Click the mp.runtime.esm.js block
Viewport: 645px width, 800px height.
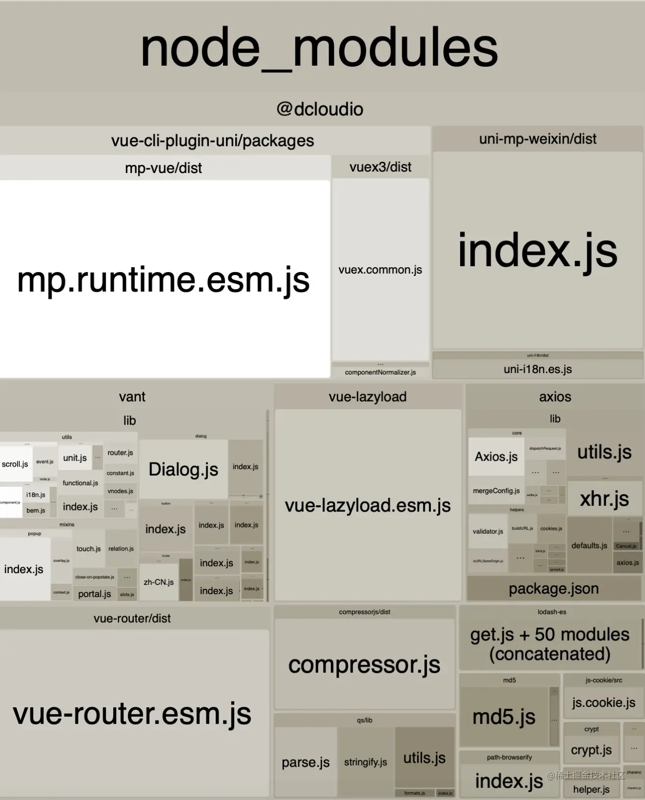[164, 279]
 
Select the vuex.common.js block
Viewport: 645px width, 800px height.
[380, 270]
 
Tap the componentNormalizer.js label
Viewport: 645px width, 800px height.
[380, 372]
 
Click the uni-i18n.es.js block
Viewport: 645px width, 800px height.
[538, 369]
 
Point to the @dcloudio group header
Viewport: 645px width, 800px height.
[320, 109]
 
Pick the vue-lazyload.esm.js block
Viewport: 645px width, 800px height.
[368, 505]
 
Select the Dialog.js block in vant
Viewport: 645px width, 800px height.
[183, 469]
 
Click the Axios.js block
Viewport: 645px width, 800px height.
[496, 456]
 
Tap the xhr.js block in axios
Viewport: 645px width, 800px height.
[604, 499]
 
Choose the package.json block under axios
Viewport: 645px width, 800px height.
[554, 588]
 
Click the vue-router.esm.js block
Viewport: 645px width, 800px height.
[132, 713]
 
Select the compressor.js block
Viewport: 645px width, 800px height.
[364, 665]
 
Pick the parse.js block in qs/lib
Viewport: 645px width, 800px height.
[305, 762]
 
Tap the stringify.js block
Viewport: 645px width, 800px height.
[366, 762]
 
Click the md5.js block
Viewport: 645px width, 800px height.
[504, 717]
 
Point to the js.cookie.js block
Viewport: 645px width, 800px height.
[603, 702]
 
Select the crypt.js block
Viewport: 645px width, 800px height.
[591, 750]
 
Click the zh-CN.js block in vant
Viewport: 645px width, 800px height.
[158, 582]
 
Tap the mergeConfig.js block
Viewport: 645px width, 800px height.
[496, 491]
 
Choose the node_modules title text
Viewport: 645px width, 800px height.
[320, 48]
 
